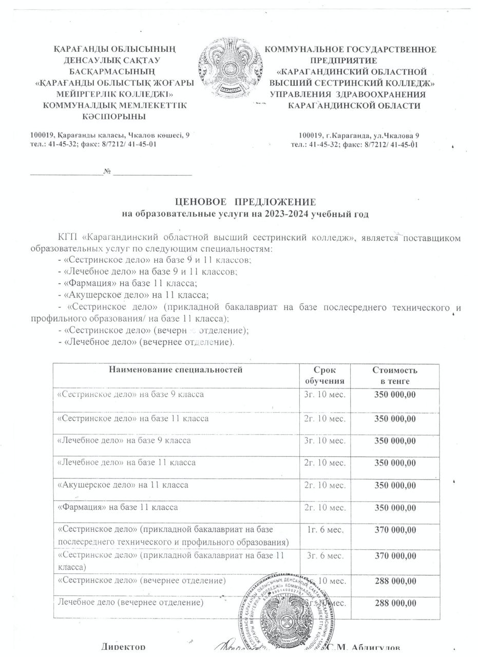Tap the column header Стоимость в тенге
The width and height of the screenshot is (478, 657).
394,376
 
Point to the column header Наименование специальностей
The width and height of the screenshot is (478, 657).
176,370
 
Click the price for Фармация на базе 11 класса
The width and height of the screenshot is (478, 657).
394,508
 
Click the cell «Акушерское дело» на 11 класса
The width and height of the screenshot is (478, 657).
123,485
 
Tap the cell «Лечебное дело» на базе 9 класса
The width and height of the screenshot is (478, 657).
124,440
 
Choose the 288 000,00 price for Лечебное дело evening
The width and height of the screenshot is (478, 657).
394,602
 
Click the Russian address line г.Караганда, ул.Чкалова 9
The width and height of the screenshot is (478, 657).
359,135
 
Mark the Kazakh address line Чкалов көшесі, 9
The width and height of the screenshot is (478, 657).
110,135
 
